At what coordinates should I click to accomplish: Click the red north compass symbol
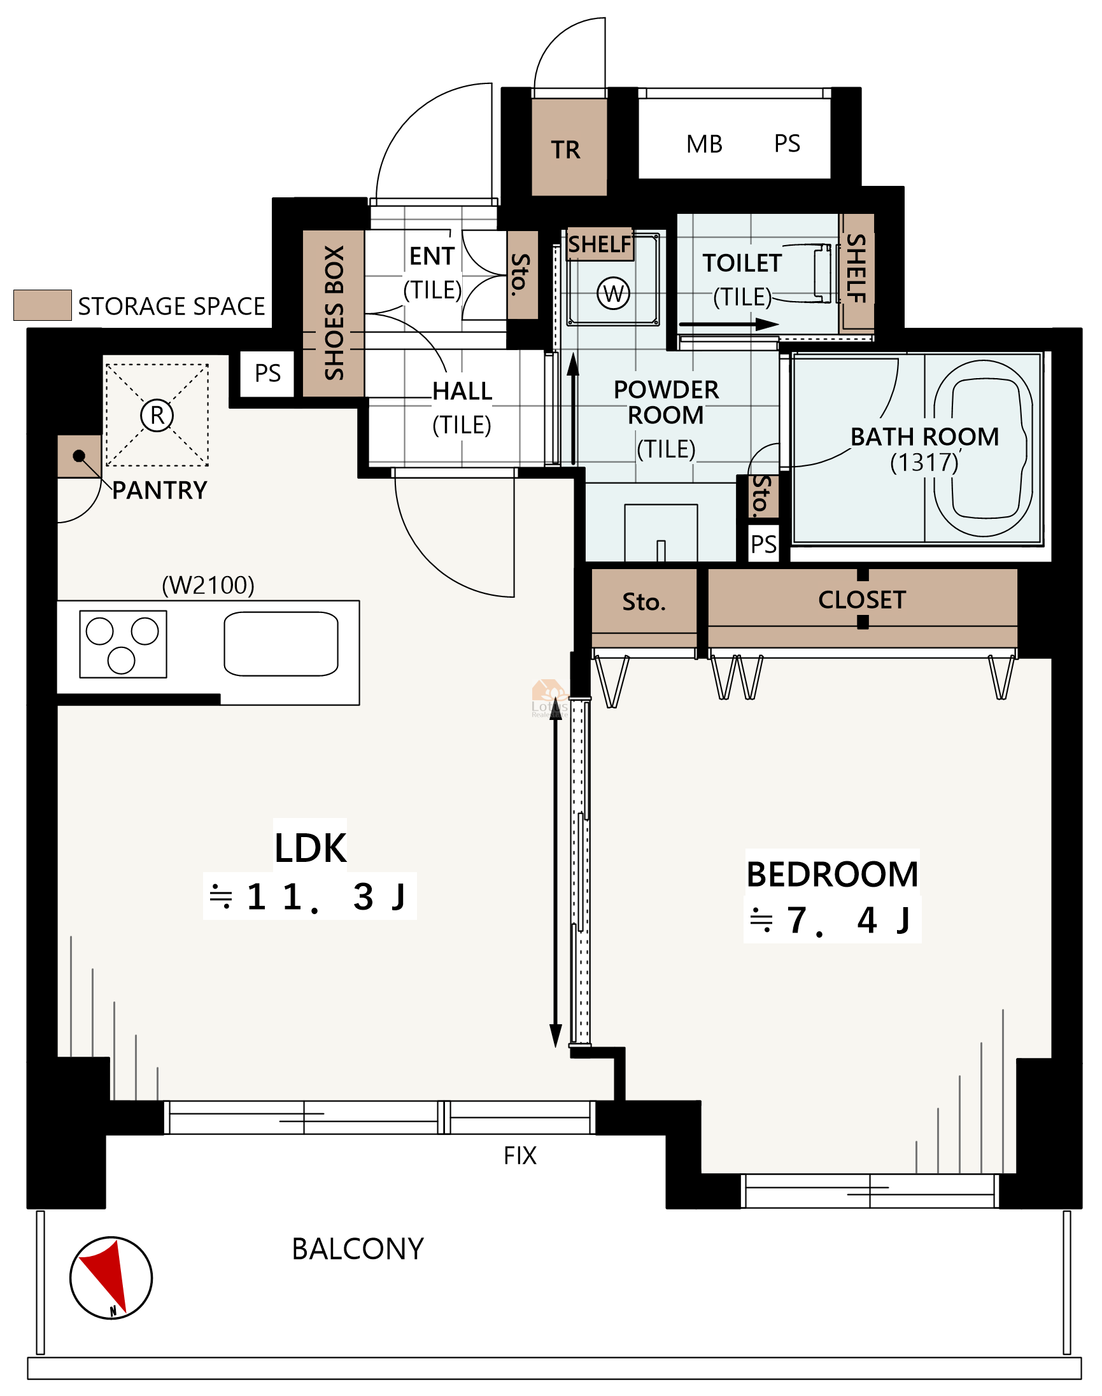coord(111,1278)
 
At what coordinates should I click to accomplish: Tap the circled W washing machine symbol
coord(613,293)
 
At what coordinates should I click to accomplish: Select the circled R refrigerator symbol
coord(157,415)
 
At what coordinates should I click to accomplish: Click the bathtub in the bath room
coord(983,448)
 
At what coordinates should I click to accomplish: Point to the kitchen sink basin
coord(281,644)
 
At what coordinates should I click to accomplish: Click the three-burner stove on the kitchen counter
coord(124,644)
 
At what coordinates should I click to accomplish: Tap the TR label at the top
coord(566,150)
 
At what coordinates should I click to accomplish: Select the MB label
coord(705,144)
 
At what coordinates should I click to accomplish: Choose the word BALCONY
coord(358,1249)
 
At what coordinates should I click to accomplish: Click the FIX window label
coord(520,1155)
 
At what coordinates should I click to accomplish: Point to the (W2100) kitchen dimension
coord(208,585)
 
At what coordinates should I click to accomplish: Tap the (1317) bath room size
coord(924,462)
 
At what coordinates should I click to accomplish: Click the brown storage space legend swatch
coord(43,305)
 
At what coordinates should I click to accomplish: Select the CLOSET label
coord(862,600)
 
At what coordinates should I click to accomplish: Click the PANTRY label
coord(160,490)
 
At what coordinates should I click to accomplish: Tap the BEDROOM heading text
coord(832,875)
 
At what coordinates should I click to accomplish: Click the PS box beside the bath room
coord(764,544)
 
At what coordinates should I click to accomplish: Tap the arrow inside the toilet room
coord(729,324)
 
